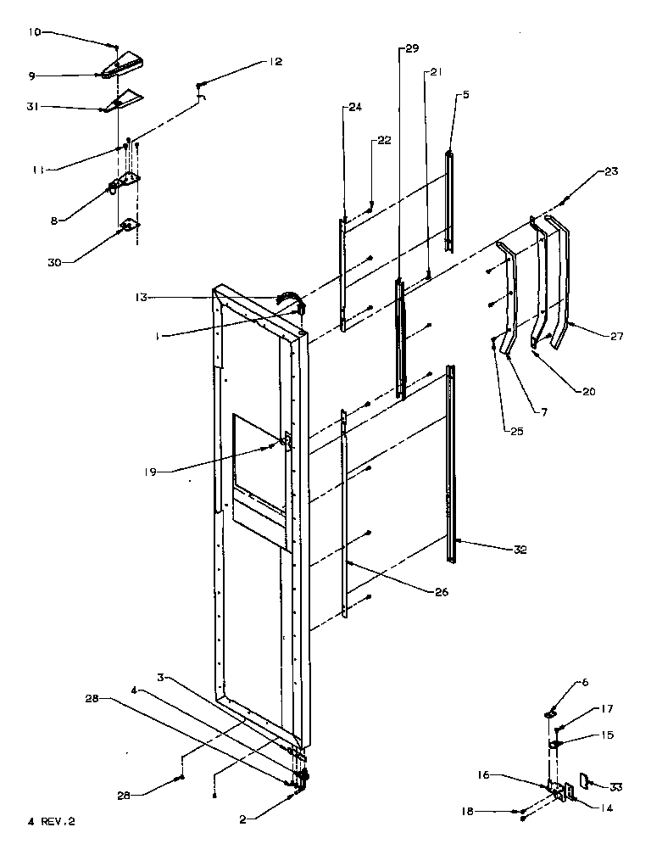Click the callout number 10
(x=34, y=32)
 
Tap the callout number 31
(x=34, y=106)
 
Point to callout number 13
(x=141, y=297)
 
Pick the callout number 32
(x=520, y=550)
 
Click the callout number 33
(x=615, y=787)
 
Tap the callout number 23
(x=612, y=171)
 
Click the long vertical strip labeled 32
(x=452, y=458)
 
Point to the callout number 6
(x=584, y=681)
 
